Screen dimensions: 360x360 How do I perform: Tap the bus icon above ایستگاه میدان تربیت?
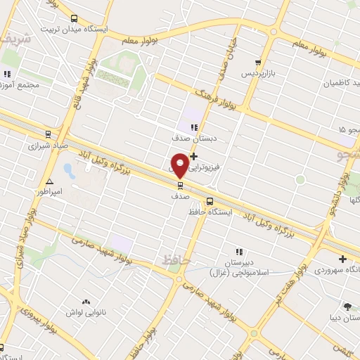[75, 18]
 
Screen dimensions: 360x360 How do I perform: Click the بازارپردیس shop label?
[259, 74]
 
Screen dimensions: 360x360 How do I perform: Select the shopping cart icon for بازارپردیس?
[259, 63]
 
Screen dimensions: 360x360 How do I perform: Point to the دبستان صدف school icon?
[193, 127]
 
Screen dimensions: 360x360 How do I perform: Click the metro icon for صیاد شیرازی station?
[48, 134]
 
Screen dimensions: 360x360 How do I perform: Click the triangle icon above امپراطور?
[49, 181]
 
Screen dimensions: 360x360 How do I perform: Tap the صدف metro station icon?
[180, 186]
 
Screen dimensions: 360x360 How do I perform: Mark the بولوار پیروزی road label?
[39, 318]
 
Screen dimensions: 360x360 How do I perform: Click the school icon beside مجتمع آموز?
[7, 73]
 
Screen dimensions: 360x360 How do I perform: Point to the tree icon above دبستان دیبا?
[347, 307]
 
